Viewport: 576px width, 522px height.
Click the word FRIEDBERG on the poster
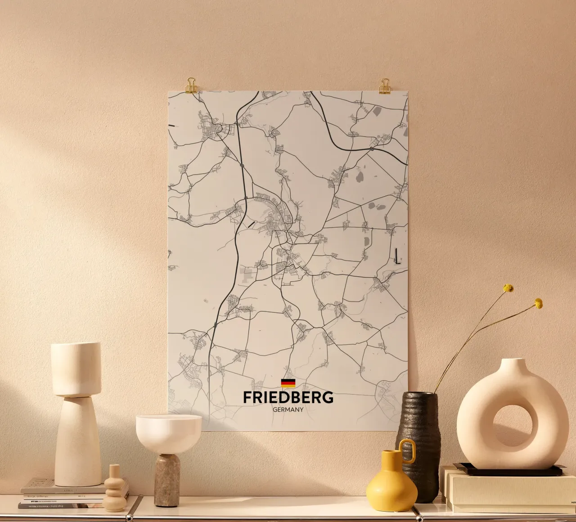coord(288,397)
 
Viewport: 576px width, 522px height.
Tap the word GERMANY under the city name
coord(288,410)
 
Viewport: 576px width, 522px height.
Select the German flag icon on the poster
coord(288,383)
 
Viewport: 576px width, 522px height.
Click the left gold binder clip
coord(191,85)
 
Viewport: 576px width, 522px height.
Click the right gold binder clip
coord(385,86)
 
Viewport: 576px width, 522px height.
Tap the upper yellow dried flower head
coord(508,288)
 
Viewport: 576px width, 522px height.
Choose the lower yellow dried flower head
coord(538,303)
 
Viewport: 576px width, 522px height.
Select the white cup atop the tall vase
coord(76,368)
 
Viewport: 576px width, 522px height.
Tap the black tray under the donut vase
coord(508,471)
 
